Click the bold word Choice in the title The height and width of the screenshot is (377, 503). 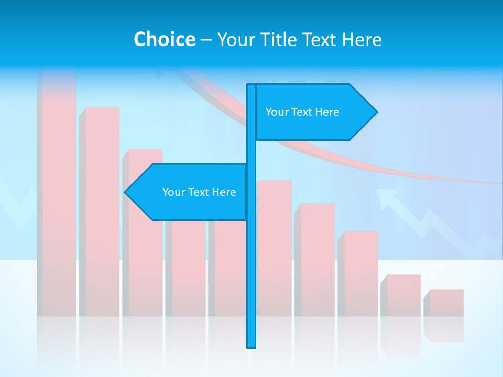pos(164,39)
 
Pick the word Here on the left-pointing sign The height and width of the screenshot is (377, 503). pos(224,192)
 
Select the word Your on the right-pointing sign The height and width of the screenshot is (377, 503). pos(277,112)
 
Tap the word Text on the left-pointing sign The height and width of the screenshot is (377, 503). pos(199,192)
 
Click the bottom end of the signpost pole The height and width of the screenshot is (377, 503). pos(251,346)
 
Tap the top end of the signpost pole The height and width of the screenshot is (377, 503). pos(251,86)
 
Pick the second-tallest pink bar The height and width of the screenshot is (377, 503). pos(102,209)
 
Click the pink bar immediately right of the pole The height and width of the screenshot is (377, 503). pos(274,246)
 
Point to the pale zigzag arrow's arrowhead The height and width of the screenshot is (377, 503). pos(385,197)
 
